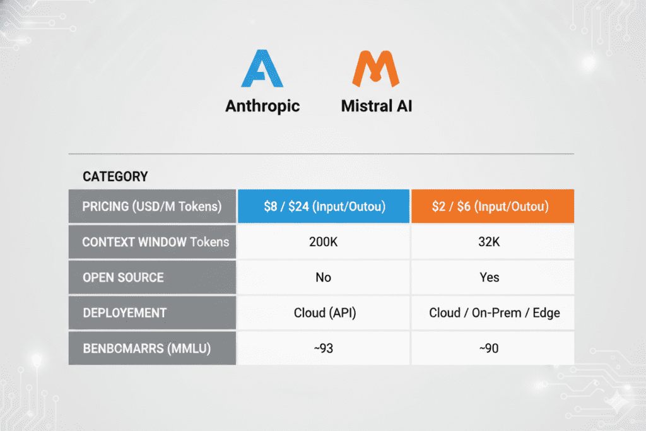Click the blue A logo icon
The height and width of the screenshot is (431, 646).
click(x=262, y=69)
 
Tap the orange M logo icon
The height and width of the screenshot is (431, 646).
click(x=376, y=69)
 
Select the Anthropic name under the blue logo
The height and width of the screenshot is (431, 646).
click(x=262, y=105)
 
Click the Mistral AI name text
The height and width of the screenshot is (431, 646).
click(x=377, y=105)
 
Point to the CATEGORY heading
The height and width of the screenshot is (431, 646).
click(x=115, y=176)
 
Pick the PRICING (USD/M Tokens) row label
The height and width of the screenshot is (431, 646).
click(x=152, y=206)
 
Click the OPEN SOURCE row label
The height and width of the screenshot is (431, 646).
click(x=123, y=278)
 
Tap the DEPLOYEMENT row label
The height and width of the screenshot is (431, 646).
click(x=124, y=313)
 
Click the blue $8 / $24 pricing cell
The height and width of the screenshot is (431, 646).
click(x=324, y=206)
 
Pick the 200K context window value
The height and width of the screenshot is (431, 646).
click(x=324, y=242)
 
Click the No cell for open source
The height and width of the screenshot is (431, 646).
click(x=324, y=278)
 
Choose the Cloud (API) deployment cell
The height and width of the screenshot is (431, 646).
click(x=324, y=313)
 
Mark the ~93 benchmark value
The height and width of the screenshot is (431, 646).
click(x=324, y=348)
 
